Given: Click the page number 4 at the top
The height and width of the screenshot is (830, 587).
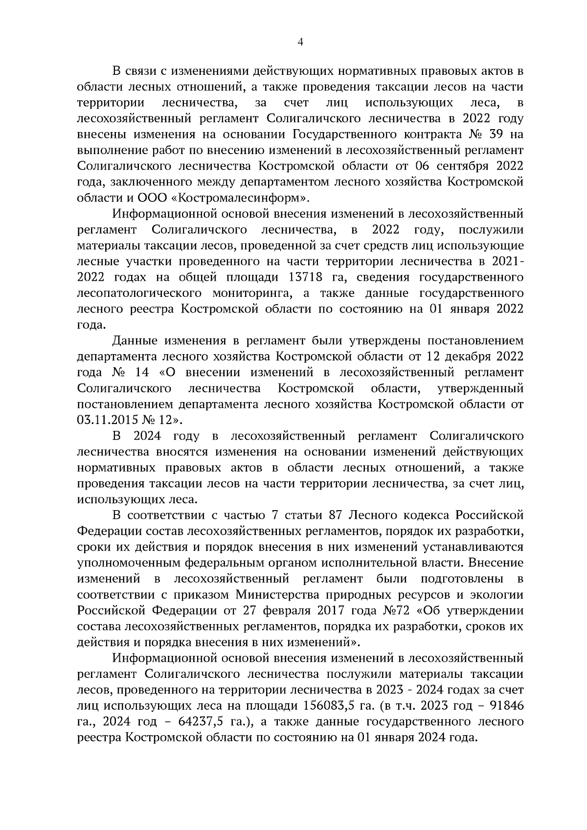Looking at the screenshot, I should pos(300,43).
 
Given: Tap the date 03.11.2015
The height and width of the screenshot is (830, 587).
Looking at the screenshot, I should pos(107,420).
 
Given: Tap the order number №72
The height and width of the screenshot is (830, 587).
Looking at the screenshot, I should pos(392,611).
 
